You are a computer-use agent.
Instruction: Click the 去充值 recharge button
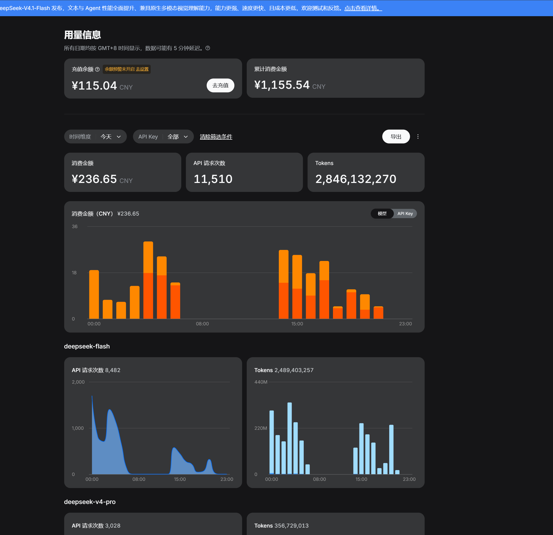pos(220,85)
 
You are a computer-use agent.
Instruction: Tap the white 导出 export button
pos(396,137)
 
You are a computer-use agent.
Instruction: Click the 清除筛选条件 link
pos(216,137)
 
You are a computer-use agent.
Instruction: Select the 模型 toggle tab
pos(382,213)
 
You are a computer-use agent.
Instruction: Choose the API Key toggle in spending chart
pos(405,213)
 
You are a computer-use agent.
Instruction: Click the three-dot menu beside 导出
pos(418,137)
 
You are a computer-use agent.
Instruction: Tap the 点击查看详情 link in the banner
pos(363,8)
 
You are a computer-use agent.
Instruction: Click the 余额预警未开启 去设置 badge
pos(127,69)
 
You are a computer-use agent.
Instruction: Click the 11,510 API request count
pos(213,179)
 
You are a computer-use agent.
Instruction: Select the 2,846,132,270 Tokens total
pos(356,179)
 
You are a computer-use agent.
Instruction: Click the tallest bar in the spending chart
pos(148,280)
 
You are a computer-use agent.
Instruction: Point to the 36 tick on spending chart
pos(74,227)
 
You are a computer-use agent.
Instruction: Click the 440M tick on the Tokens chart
pos(261,382)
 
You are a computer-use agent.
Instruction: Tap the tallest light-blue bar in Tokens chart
pos(290,438)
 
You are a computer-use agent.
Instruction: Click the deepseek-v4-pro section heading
pos(90,502)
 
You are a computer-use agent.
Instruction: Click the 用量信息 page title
pos(82,35)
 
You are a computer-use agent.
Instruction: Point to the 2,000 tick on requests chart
pos(78,382)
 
